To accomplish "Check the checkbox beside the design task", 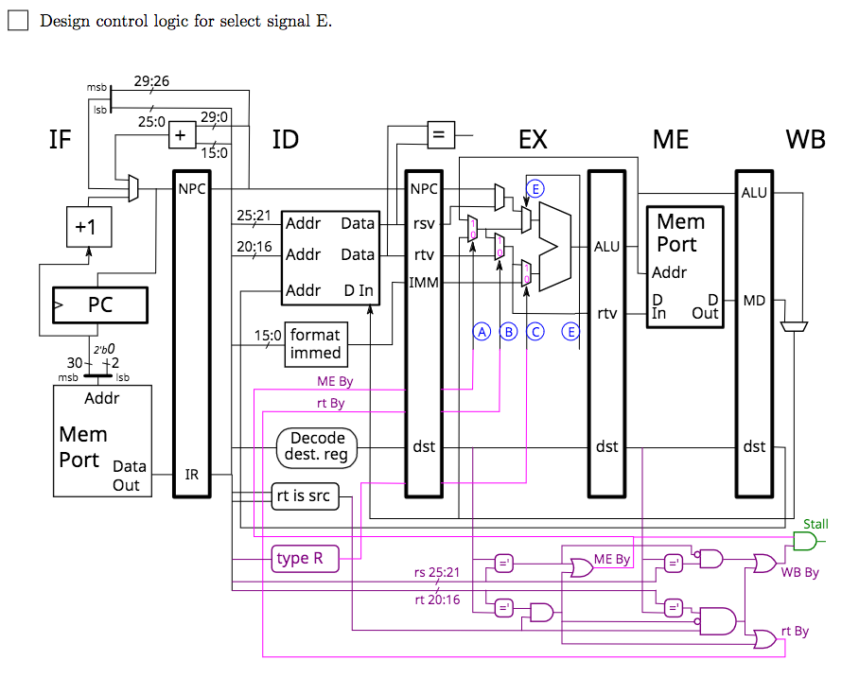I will (18, 20).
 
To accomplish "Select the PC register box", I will (100, 305).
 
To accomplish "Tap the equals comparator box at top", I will (437, 134).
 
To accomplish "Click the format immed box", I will (315, 343).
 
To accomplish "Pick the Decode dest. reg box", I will (317, 446).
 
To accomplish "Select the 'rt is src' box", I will (303, 495).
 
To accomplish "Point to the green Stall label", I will (815, 524).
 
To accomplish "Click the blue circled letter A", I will (482, 331).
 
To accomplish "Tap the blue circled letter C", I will (535, 331).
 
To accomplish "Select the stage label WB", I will (805, 140).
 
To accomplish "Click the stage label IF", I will (61, 141).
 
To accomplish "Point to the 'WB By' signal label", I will (799, 573).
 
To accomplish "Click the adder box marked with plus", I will (180, 135).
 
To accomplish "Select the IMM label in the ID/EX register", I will (423, 282).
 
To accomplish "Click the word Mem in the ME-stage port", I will (681, 222).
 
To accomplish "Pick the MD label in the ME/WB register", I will (754, 301).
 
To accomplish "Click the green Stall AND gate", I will (805, 541).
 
